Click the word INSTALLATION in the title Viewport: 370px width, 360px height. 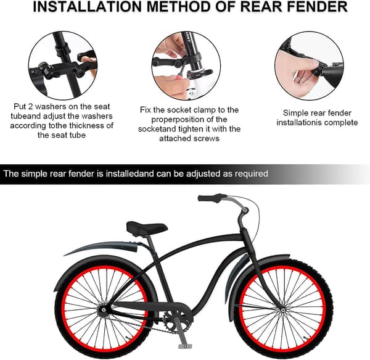[87, 7]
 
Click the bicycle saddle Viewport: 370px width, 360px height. [147, 228]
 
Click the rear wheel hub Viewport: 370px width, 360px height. [103, 309]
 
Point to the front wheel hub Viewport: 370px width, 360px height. [283, 310]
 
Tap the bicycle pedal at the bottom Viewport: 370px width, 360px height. [185, 346]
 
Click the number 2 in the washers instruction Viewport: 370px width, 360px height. [30, 107]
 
